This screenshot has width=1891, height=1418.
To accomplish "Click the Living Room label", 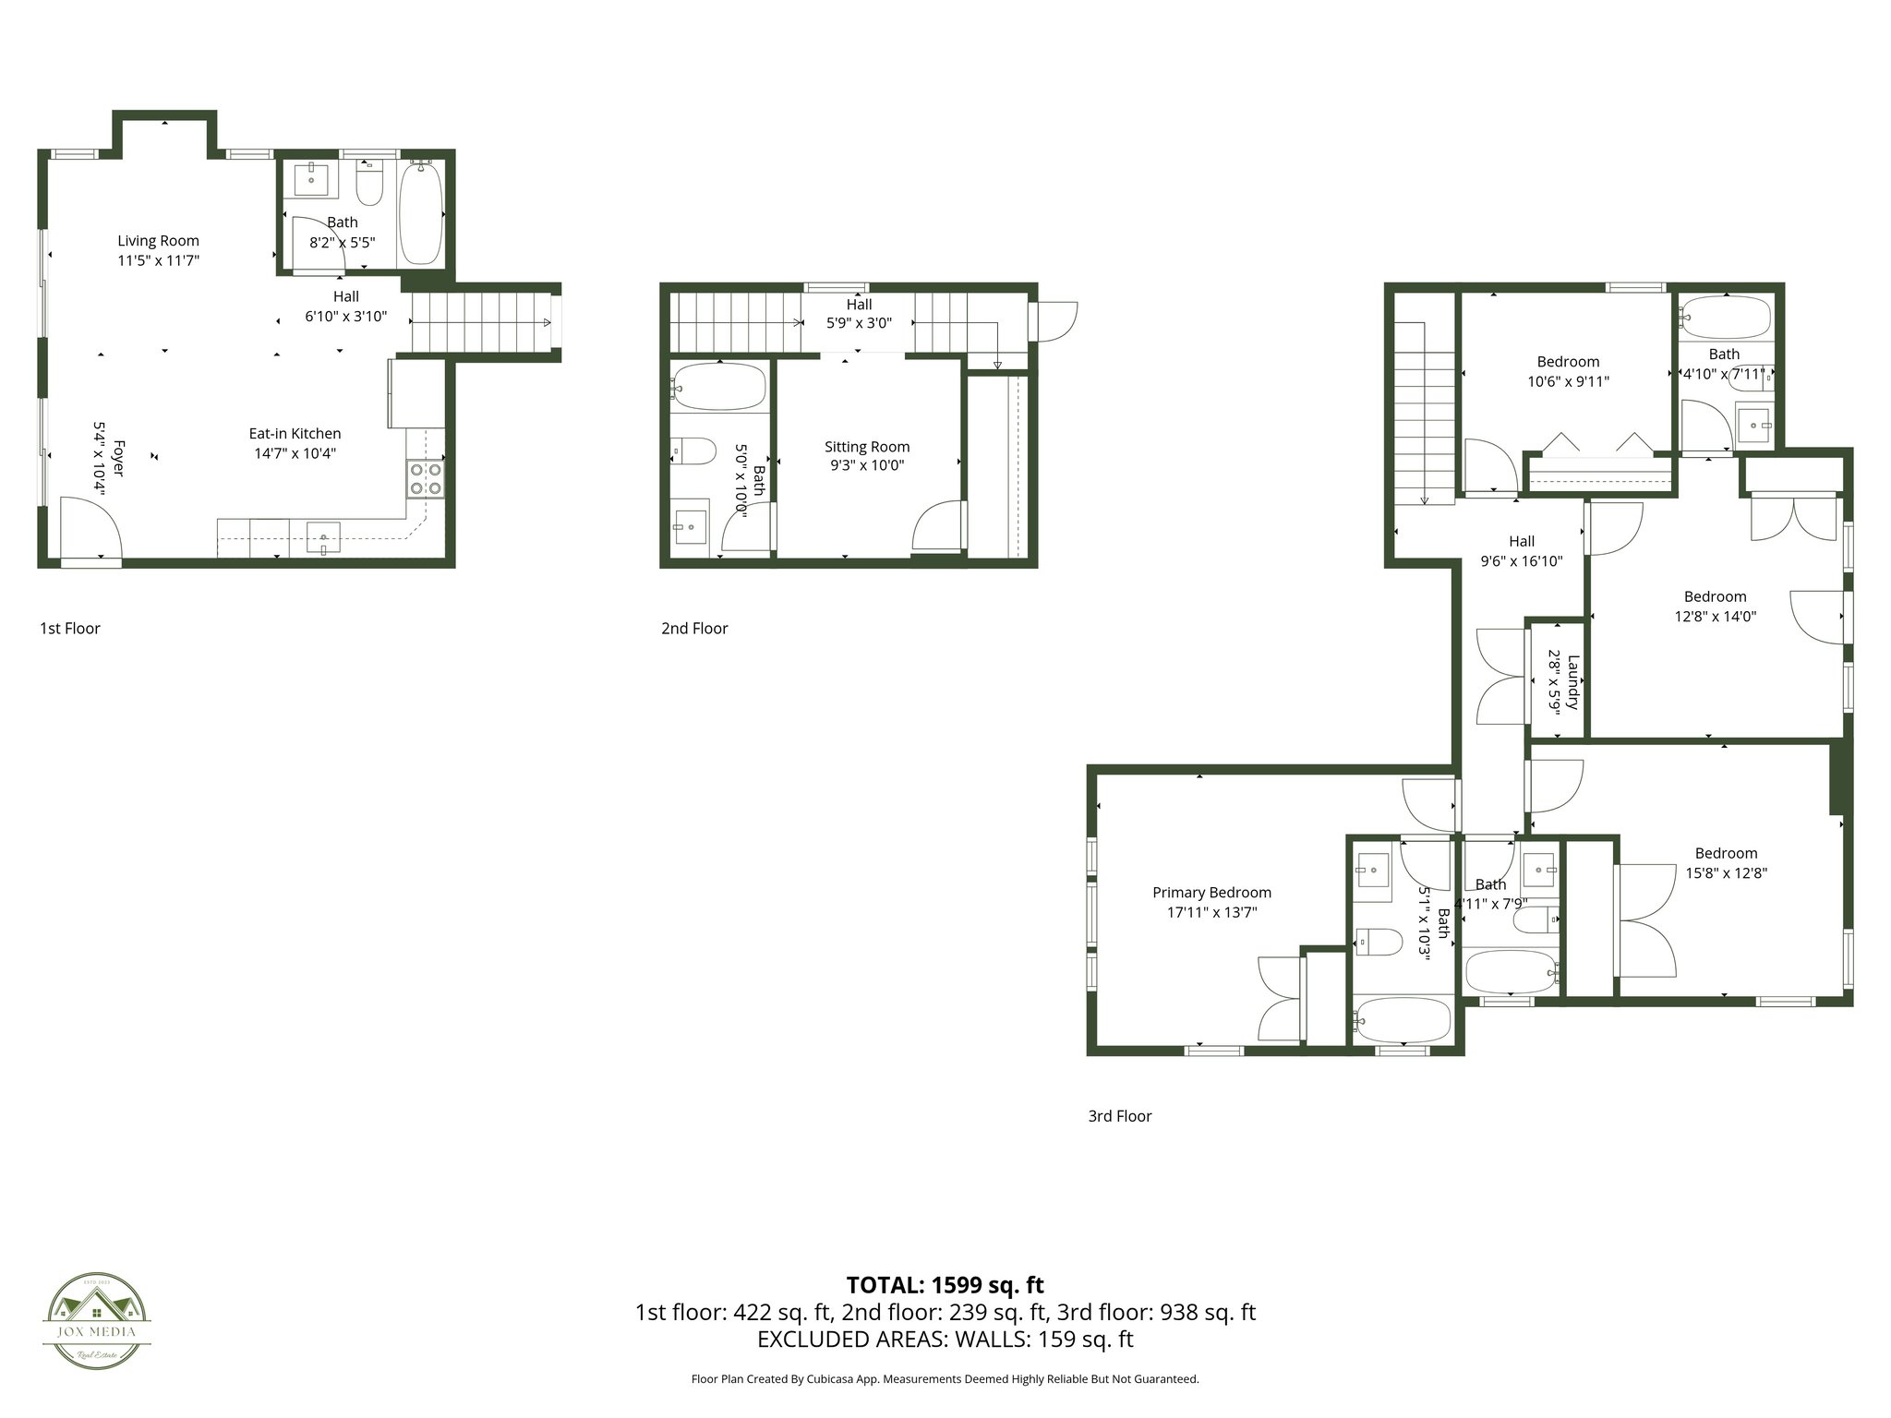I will coord(158,241).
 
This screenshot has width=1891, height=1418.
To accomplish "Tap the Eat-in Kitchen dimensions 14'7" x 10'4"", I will coord(295,453).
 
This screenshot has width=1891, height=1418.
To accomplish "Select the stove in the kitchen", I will coord(425,478).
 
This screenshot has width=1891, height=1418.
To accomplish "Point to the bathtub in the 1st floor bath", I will coord(421,211).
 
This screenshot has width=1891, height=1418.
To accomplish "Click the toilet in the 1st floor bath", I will coord(370,185).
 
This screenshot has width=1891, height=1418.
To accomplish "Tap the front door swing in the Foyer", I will coord(90,527).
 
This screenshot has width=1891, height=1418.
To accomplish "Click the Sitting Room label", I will coord(867,447).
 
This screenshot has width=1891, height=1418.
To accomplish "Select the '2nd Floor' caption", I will coord(694,629).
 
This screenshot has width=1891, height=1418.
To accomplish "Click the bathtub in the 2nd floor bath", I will coord(719,387).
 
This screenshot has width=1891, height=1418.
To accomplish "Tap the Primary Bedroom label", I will coord(1211,893).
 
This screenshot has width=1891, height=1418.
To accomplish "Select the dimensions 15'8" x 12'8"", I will coord(1726,872).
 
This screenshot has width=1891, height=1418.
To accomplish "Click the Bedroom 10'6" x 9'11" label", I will coord(1568,362).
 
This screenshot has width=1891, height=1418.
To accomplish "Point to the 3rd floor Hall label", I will coord(1522,541).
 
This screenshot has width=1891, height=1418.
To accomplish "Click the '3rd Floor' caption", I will coord(1119,1116).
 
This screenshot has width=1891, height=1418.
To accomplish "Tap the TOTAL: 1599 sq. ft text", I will coord(945,1285).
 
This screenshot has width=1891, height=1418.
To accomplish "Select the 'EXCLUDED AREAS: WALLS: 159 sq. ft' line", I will coord(945,1340).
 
